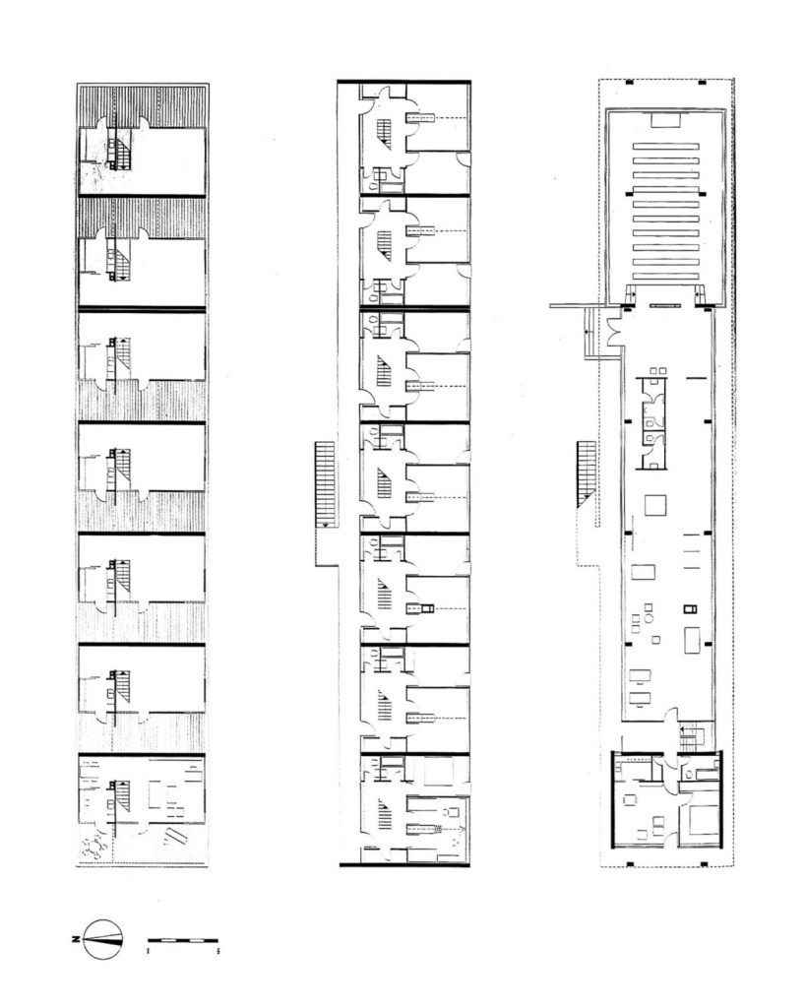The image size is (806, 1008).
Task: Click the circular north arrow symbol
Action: click(103, 938)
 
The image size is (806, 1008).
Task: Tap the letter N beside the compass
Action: click(76, 939)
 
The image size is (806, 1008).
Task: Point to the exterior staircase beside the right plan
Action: click(588, 473)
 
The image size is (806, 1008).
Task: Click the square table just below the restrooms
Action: click(654, 504)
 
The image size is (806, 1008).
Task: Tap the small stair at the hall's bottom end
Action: click(693, 732)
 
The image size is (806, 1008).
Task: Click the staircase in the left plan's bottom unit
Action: click(119, 795)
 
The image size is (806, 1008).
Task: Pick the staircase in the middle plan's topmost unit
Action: click(385, 132)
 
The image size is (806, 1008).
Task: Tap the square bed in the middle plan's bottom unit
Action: click(437, 771)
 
